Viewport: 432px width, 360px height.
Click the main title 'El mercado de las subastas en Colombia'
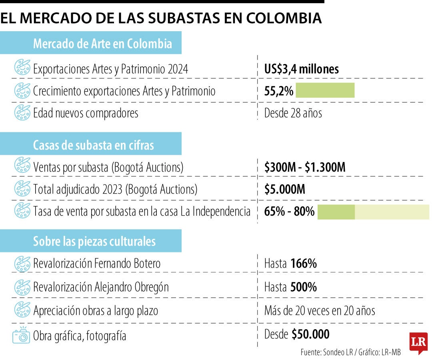coord(161,18)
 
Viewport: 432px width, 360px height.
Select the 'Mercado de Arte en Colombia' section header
coord(102,44)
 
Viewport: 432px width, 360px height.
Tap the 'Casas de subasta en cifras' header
coord(93,145)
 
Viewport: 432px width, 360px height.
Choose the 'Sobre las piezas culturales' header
coord(94,242)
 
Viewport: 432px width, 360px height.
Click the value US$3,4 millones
coord(302,69)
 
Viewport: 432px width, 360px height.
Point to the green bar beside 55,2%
coord(325,90)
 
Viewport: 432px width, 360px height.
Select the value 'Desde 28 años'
coord(293,113)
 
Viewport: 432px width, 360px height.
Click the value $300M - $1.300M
coord(304,167)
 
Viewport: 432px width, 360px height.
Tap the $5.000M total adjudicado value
coord(284,189)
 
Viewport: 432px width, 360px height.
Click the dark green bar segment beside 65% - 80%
coord(336,211)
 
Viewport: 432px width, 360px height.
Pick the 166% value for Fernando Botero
coord(304,264)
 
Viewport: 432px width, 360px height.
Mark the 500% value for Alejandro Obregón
coord(304,287)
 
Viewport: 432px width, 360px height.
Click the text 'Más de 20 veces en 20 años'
coord(320,310)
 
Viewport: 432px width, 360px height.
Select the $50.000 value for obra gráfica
coord(310,334)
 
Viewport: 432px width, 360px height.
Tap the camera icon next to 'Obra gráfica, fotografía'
coord(22,335)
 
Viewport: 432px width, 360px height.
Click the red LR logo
coord(418,342)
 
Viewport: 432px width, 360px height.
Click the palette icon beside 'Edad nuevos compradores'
coord(22,113)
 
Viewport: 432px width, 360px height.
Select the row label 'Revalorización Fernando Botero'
coord(97,264)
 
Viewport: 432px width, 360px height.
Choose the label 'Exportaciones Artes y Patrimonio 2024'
coord(110,69)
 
